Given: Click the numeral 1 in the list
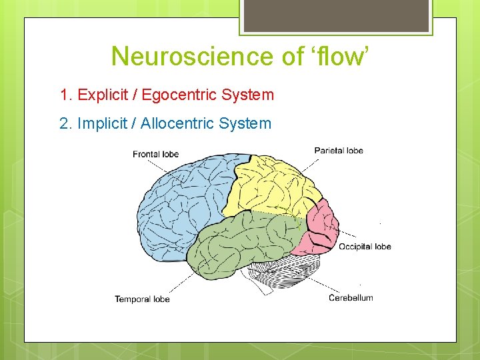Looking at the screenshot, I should coord(64,95).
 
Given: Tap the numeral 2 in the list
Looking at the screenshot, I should coord(64,123).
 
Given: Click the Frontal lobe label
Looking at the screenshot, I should coord(156,154).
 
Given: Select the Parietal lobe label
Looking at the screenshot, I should coord(339,150).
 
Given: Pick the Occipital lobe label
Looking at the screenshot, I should coord(365,247).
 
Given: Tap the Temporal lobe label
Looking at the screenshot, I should coord(142,299).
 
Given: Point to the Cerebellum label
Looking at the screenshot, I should coord(351,297).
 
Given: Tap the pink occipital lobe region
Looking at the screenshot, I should coord(323,227).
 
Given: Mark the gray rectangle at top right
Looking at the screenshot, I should coord(336,15).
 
